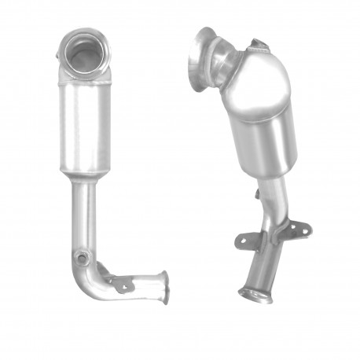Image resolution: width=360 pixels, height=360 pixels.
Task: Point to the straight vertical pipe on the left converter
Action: (x=82, y=212)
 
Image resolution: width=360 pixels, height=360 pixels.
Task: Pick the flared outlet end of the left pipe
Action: (x=165, y=286)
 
